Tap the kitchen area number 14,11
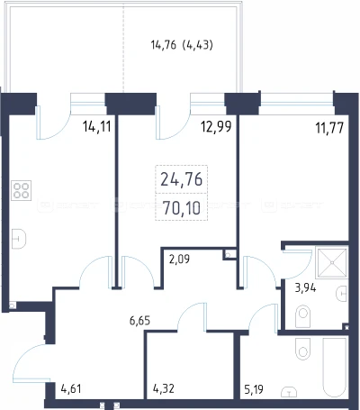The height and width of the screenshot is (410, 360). (x=97, y=127)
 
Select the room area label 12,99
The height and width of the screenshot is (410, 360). (x=216, y=127)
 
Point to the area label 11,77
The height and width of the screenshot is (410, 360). (x=329, y=128)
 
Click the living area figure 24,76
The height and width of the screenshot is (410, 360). (x=182, y=179)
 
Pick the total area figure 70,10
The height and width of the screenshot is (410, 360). (x=182, y=208)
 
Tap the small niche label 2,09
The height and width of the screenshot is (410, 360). (x=179, y=259)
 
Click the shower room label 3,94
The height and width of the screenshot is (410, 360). (x=305, y=288)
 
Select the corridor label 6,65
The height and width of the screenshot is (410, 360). (x=139, y=321)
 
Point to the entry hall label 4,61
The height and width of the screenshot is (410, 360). (x=71, y=388)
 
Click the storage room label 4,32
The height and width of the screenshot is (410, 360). (x=164, y=388)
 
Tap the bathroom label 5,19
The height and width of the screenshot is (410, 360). (x=254, y=389)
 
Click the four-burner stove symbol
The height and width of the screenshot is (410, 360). (x=21, y=190)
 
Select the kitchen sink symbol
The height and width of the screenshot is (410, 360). (x=19, y=239)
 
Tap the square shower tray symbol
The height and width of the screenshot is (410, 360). (x=332, y=262)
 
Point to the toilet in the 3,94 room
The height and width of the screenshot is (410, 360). (x=302, y=316)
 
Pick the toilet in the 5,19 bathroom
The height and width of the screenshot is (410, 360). (x=302, y=349)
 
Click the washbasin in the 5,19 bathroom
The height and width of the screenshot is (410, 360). (x=289, y=392)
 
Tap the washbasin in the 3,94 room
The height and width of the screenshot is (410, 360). (x=342, y=294)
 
